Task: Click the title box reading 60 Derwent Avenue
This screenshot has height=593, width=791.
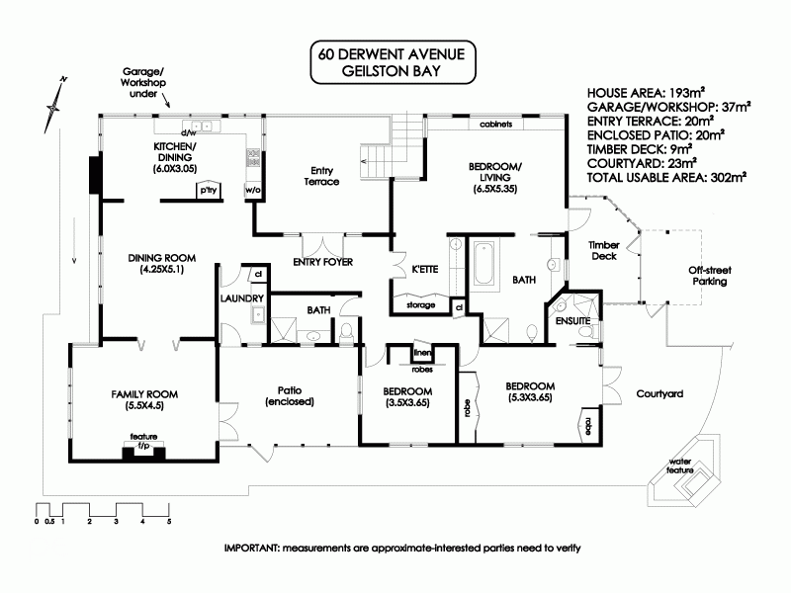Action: [393, 62]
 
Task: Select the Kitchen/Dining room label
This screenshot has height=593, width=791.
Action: [175, 157]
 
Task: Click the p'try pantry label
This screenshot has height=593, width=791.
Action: [209, 190]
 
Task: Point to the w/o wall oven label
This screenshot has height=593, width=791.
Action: [253, 190]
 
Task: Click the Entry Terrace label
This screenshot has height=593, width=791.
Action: [321, 176]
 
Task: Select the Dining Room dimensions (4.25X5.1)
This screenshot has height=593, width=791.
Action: [161, 269]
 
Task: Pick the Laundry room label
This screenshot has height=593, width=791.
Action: [241, 298]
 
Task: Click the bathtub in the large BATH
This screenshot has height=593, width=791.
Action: [484, 264]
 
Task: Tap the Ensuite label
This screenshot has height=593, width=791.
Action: [572, 320]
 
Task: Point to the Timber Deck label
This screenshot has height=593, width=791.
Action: [604, 251]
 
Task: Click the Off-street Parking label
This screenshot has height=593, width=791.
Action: [709, 276]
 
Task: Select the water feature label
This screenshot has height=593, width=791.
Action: [680, 466]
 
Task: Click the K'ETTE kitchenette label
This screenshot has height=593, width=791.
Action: [425, 269]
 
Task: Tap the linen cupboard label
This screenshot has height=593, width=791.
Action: [422, 353]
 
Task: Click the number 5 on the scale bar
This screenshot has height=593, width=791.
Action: [169, 522]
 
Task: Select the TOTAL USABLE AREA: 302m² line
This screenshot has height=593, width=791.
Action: [666, 178]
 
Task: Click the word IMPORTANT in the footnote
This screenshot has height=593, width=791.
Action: [252, 549]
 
